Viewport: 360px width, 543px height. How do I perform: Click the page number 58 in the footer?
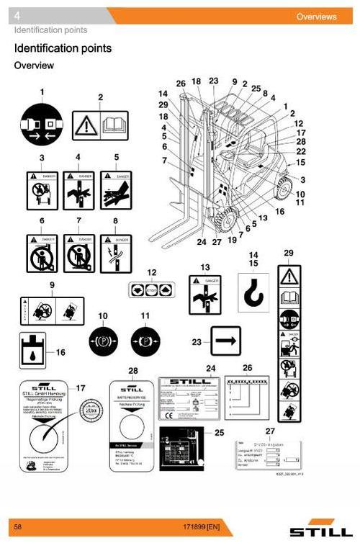pos(18,528)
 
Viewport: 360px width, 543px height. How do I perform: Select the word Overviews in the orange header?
pos(316,17)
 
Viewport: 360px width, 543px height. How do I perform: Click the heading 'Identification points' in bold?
pos(63,48)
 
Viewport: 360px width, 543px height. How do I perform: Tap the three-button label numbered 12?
pos(150,290)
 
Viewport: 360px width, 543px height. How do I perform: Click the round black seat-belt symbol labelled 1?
pos(42,124)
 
